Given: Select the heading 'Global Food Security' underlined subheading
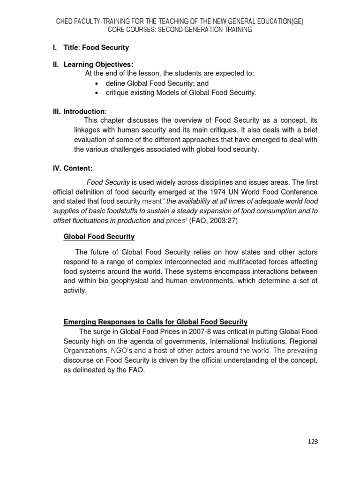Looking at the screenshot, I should click(x=99, y=237).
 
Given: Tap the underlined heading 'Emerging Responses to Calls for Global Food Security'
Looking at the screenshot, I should click(x=155, y=322).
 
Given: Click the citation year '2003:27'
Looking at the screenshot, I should click(x=224, y=221).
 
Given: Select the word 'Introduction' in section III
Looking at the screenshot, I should click(x=85, y=112).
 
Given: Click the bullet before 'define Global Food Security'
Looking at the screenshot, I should click(x=96, y=83).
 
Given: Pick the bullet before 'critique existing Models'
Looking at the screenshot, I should click(x=96, y=93).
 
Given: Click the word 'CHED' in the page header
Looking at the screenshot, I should click(x=65, y=22).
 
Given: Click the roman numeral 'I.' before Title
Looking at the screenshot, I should click(x=54, y=48).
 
